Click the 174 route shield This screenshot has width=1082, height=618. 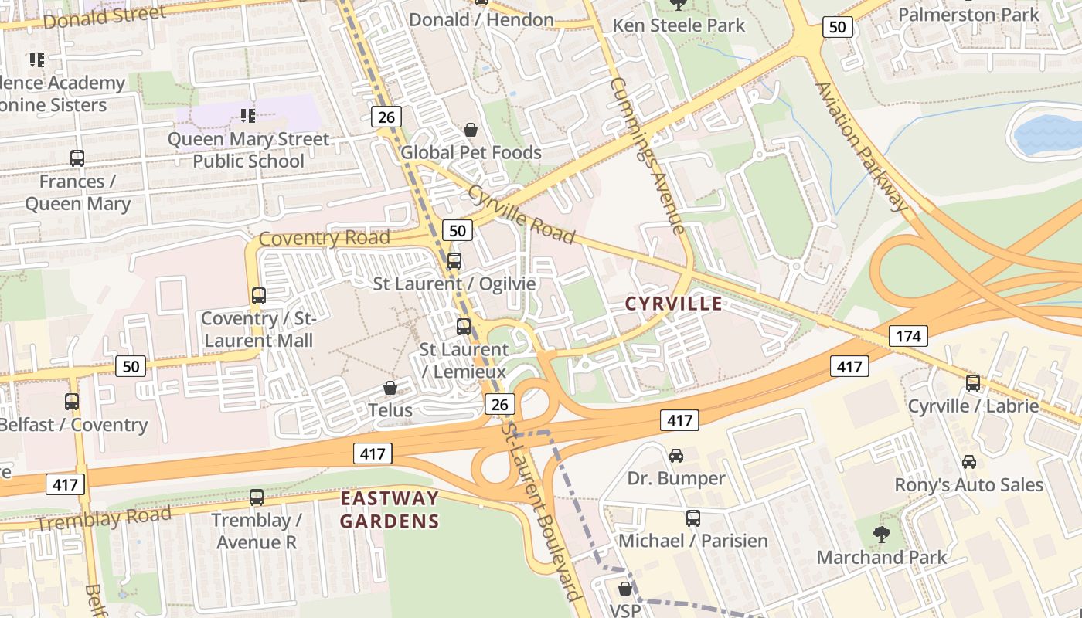click(x=907, y=336)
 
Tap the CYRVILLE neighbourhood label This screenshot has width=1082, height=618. click(x=673, y=304)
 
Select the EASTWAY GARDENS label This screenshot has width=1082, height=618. click(x=390, y=509)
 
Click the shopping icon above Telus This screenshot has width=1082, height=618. click(x=391, y=388)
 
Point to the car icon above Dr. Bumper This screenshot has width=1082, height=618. click(x=676, y=456)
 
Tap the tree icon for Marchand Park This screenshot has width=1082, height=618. click(x=880, y=534)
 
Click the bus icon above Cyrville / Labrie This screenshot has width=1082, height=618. click(x=972, y=382)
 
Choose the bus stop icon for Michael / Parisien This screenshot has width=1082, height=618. click(x=693, y=518)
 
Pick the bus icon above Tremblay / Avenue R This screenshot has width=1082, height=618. click(x=257, y=497)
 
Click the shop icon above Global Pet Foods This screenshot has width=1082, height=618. click(x=471, y=130)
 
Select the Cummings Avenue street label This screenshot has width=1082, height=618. click(x=647, y=154)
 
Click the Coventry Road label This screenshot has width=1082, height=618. click(x=324, y=237)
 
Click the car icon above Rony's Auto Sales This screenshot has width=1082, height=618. click(x=968, y=462)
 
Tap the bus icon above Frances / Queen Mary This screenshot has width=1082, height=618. click(x=77, y=158)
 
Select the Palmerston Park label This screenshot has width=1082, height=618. click(x=968, y=14)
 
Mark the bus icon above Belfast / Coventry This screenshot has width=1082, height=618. click(x=72, y=402)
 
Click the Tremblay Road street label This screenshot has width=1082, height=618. click(x=104, y=518)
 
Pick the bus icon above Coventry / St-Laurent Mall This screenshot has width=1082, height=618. click(x=259, y=295)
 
